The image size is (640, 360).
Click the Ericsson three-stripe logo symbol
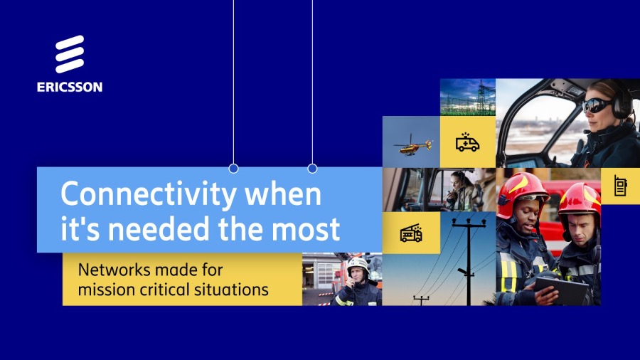point(70,54)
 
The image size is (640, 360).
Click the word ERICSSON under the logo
point(70,87)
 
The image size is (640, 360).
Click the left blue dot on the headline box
point(233,168)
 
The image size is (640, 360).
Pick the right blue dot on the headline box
point(312,168)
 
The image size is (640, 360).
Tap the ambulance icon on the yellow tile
point(467,142)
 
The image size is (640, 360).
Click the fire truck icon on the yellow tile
point(411,233)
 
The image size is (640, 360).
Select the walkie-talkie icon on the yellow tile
point(620,186)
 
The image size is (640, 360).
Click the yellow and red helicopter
point(412,146)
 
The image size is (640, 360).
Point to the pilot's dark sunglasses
point(597,105)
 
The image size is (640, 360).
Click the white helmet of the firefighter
point(358,264)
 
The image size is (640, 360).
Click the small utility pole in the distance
point(421,300)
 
